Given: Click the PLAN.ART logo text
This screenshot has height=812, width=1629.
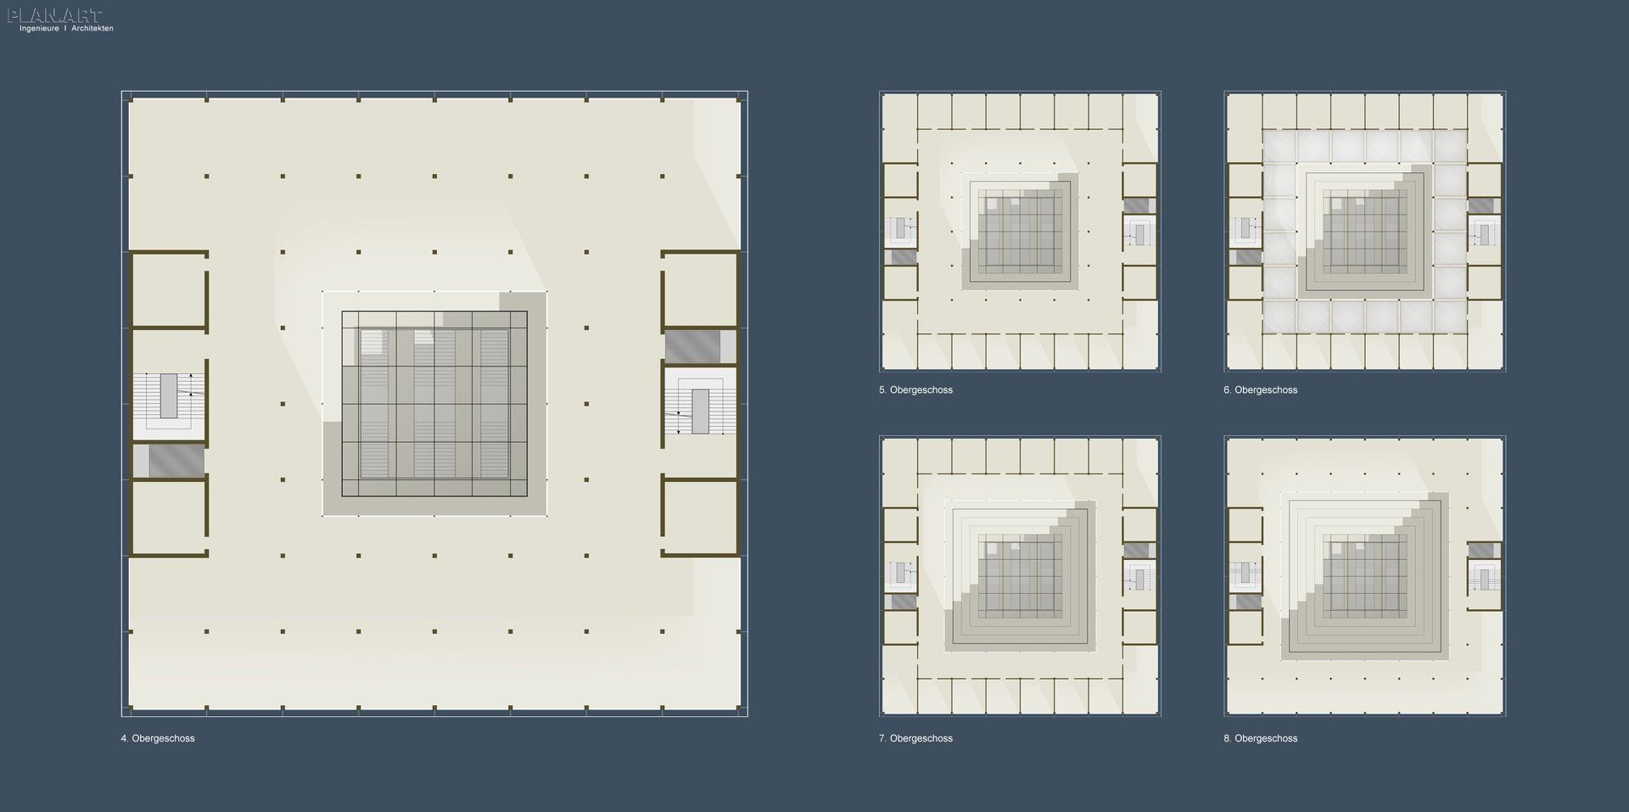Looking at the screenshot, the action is [x=55, y=15].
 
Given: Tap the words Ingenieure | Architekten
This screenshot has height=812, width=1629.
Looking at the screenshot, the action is [x=66, y=29].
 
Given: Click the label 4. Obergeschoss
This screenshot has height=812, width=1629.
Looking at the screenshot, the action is [x=158, y=738].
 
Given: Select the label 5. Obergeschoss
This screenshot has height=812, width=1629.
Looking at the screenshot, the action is [x=915, y=390].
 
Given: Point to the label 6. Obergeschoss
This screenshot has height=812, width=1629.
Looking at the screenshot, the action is [x=1260, y=390].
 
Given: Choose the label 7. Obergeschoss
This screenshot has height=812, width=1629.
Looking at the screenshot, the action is [x=915, y=738].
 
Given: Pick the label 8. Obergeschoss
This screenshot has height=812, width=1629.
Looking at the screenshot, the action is [x=1260, y=738].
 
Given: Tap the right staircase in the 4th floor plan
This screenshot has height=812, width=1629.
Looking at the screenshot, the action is [x=700, y=400].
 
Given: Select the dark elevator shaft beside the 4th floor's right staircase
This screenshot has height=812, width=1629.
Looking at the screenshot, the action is [x=692, y=346].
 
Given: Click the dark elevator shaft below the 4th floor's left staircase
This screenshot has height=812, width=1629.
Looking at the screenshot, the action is [x=176, y=460].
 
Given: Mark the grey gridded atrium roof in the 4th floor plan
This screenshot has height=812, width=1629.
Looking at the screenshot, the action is [x=434, y=404].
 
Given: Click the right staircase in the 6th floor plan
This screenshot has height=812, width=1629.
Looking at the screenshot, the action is [x=1484, y=232].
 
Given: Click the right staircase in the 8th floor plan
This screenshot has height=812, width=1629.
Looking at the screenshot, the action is [x=1484, y=578].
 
